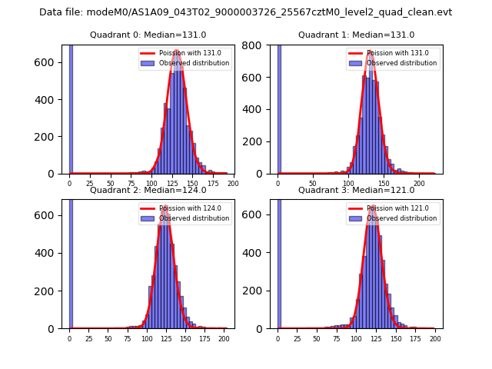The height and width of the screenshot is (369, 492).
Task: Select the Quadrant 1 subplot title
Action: tap(356, 35)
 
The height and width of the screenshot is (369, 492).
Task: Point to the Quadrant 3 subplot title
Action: tap(356, 190)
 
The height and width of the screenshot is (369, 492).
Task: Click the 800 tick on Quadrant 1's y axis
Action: tap(258, 45)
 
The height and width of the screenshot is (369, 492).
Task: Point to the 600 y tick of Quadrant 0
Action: tap(50, 62)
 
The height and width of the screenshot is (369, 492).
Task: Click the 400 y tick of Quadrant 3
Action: tap(258, 254)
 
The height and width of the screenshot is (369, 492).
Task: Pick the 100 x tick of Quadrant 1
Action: tap(348, 184)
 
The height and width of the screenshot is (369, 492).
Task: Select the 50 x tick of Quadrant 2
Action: tap(108, 338)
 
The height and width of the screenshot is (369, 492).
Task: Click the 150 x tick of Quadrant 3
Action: tap(396, 338)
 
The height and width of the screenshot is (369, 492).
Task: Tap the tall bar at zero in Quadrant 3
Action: tap(279, 261)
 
